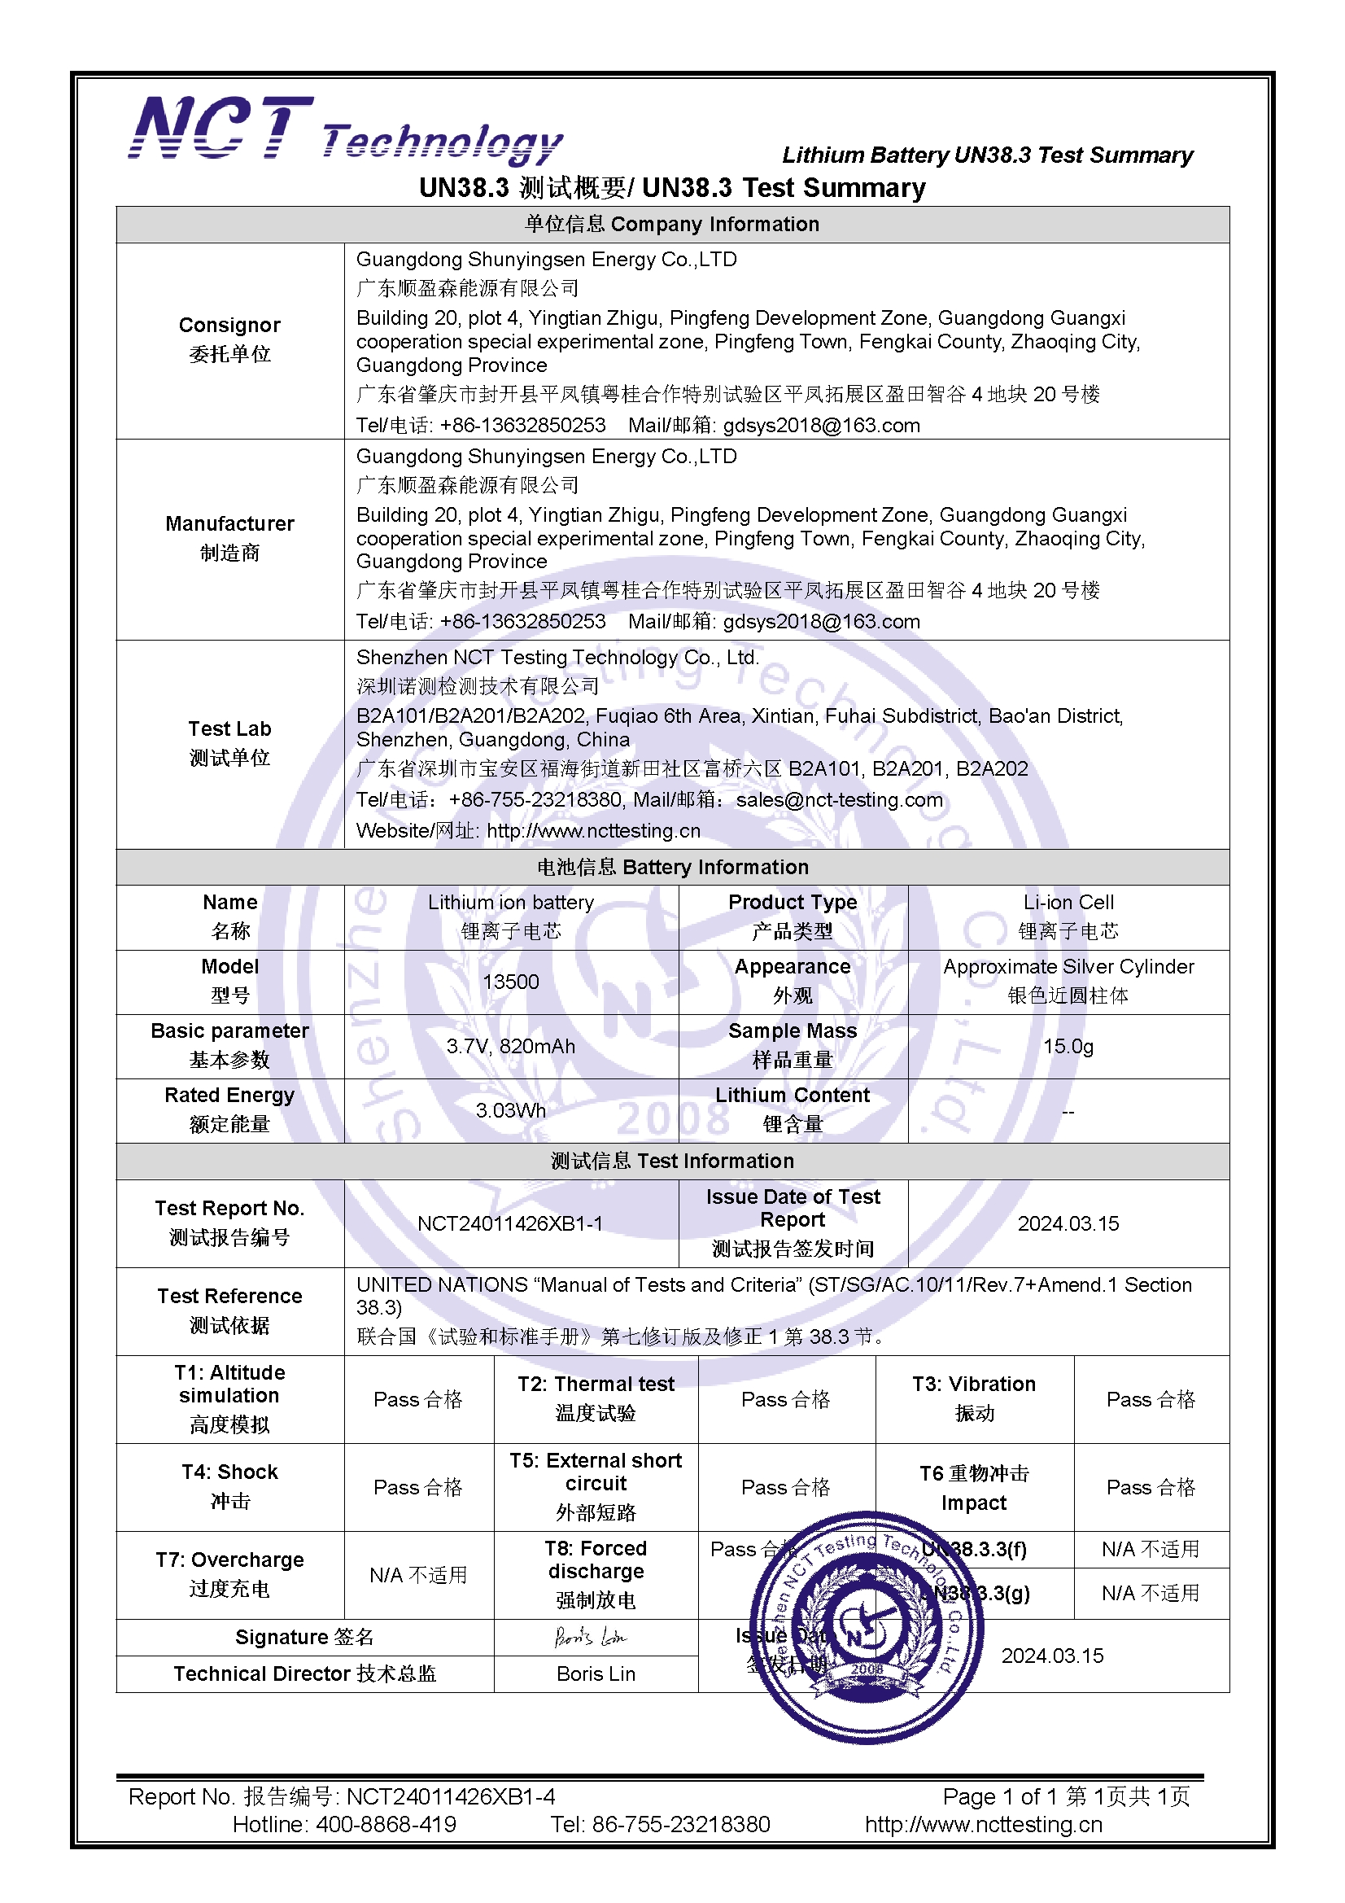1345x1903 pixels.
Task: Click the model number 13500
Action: coord(510,982)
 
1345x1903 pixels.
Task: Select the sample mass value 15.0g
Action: coord(1068,1046)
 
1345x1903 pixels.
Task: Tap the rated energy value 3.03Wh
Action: coord(510,1111)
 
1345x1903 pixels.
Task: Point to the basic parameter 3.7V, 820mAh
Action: coord(510,1046)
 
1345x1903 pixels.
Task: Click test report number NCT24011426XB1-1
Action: coord(510,1223)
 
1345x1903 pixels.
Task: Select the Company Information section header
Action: coord(672,225)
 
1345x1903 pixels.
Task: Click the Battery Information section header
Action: coord(672,867)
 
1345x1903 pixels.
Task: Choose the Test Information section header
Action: coord(672,1161)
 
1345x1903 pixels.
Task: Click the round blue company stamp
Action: coord(866,1630)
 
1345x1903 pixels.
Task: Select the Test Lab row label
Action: coord(229,742)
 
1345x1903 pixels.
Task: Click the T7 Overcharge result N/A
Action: coord(418,1575)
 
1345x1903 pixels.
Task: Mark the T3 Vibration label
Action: coord(974,1398)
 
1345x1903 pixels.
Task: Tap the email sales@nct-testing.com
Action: coord(839,800)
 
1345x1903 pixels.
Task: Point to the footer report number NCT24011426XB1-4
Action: coord(451,1796)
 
